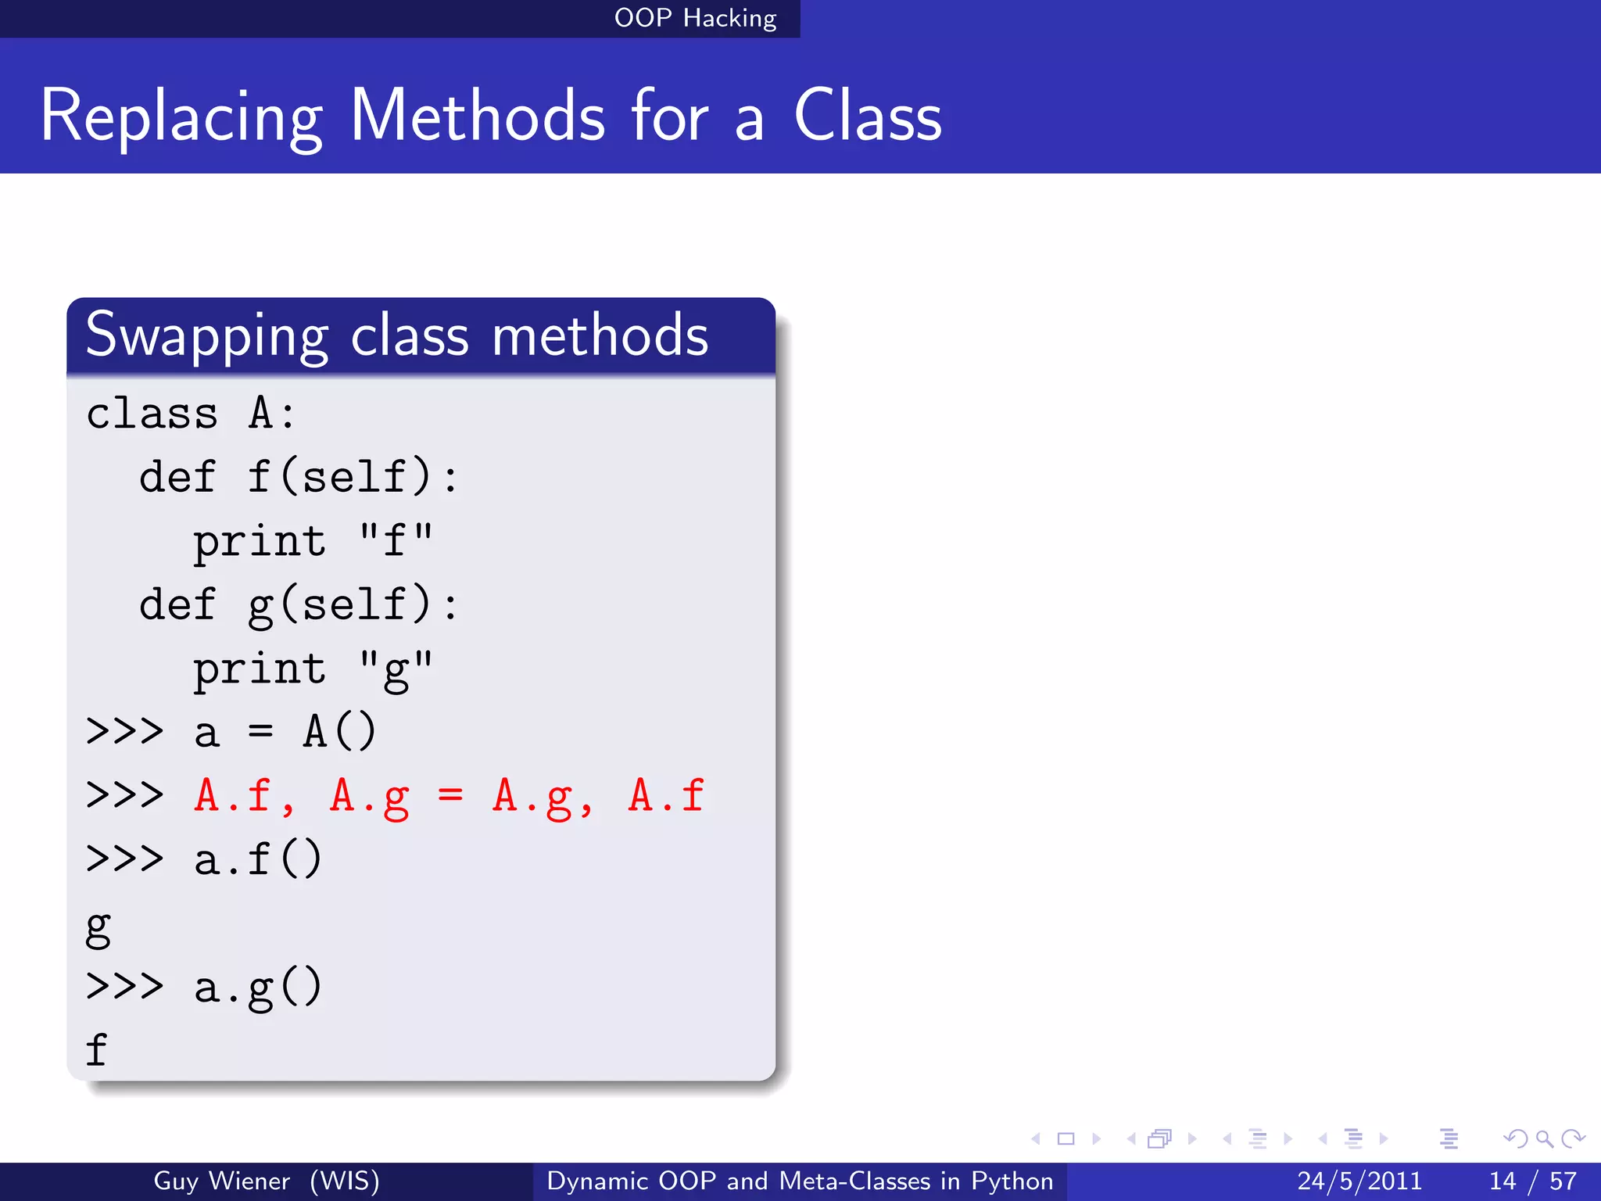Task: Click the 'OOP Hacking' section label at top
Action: coord(695,18)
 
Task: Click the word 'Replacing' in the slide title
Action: coord(181,117)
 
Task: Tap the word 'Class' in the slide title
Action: coord(868,117)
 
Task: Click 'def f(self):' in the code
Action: coord(298,477)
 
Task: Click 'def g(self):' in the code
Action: coord(298,604)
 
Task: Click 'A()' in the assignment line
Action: coord(339,732)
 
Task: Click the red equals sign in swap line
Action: coord(450,796)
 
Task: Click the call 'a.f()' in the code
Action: coord(258,859)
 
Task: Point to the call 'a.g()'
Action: coord(258,987)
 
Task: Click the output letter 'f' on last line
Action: coord(96,1049)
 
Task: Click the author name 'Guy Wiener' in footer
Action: coord(221,1181)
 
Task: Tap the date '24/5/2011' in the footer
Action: coord(1359,1181)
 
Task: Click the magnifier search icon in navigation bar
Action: coord(1543,1138)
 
